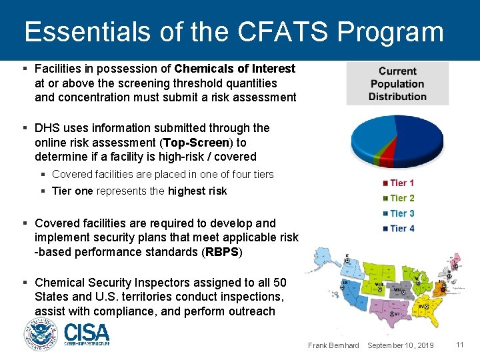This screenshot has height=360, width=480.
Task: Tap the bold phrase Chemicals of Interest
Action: click(x=235, y=69)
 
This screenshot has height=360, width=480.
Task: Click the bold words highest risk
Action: click(x=197, y=191)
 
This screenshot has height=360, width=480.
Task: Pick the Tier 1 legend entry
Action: click(x=399, y=183)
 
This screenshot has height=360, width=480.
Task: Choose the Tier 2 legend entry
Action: click(x=399, y=198)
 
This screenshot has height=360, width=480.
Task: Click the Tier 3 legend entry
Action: click(x=399, y=213)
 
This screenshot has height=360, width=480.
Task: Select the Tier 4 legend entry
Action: click(x=399, y=229)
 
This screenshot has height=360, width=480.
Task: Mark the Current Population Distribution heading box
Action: click(x=397, y=83)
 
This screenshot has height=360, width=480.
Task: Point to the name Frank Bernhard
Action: click(x=333, y=345)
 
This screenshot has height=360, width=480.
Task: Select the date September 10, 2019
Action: click(x=401, y=345)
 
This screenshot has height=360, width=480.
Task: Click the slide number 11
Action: click(x=459, y=345)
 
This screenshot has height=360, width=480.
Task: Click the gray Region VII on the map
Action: click(x=398, y=291)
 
